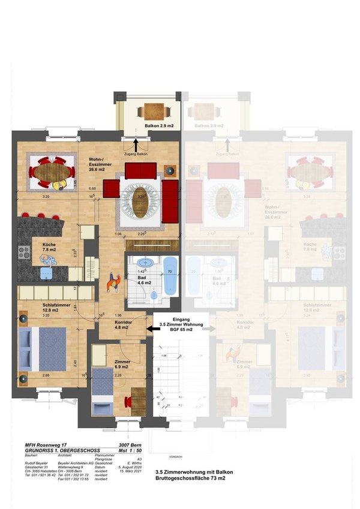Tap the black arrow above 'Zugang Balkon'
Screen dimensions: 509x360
(136, 144)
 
